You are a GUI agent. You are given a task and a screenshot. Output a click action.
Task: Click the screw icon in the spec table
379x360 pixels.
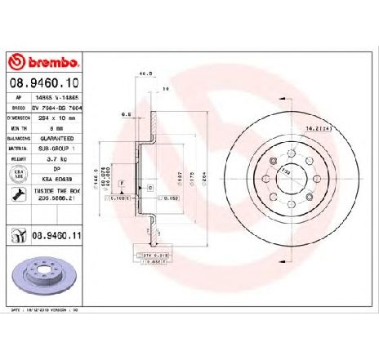tap(17, 193)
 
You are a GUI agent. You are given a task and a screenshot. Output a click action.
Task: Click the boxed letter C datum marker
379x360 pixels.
tap(149, 189)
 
